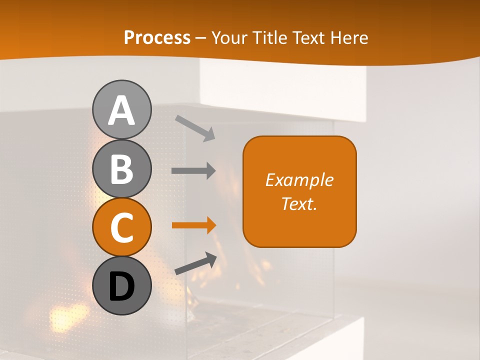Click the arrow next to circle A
pos(195,128)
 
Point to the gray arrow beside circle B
pos(193,170)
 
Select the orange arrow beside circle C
pos(193,225)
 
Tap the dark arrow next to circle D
pos(195,263)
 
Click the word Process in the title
pos(157,38)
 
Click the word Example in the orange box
pos(299,180)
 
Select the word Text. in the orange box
pos(299,203)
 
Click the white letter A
pos(121,111)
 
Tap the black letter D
pos(121,287)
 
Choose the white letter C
pos(121,228)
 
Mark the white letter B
pos(121,169)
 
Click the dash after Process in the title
pos(200,38)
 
